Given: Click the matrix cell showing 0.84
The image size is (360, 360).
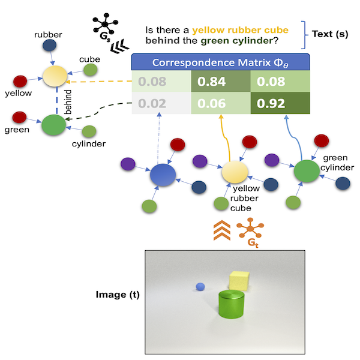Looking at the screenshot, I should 220,82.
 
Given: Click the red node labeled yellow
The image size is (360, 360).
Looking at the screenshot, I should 20,81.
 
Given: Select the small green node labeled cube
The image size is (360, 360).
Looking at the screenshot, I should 91,70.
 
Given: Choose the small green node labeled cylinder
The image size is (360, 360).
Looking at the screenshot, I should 89,131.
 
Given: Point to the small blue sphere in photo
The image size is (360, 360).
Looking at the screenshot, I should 201,286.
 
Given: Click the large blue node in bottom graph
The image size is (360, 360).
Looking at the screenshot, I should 163,175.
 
